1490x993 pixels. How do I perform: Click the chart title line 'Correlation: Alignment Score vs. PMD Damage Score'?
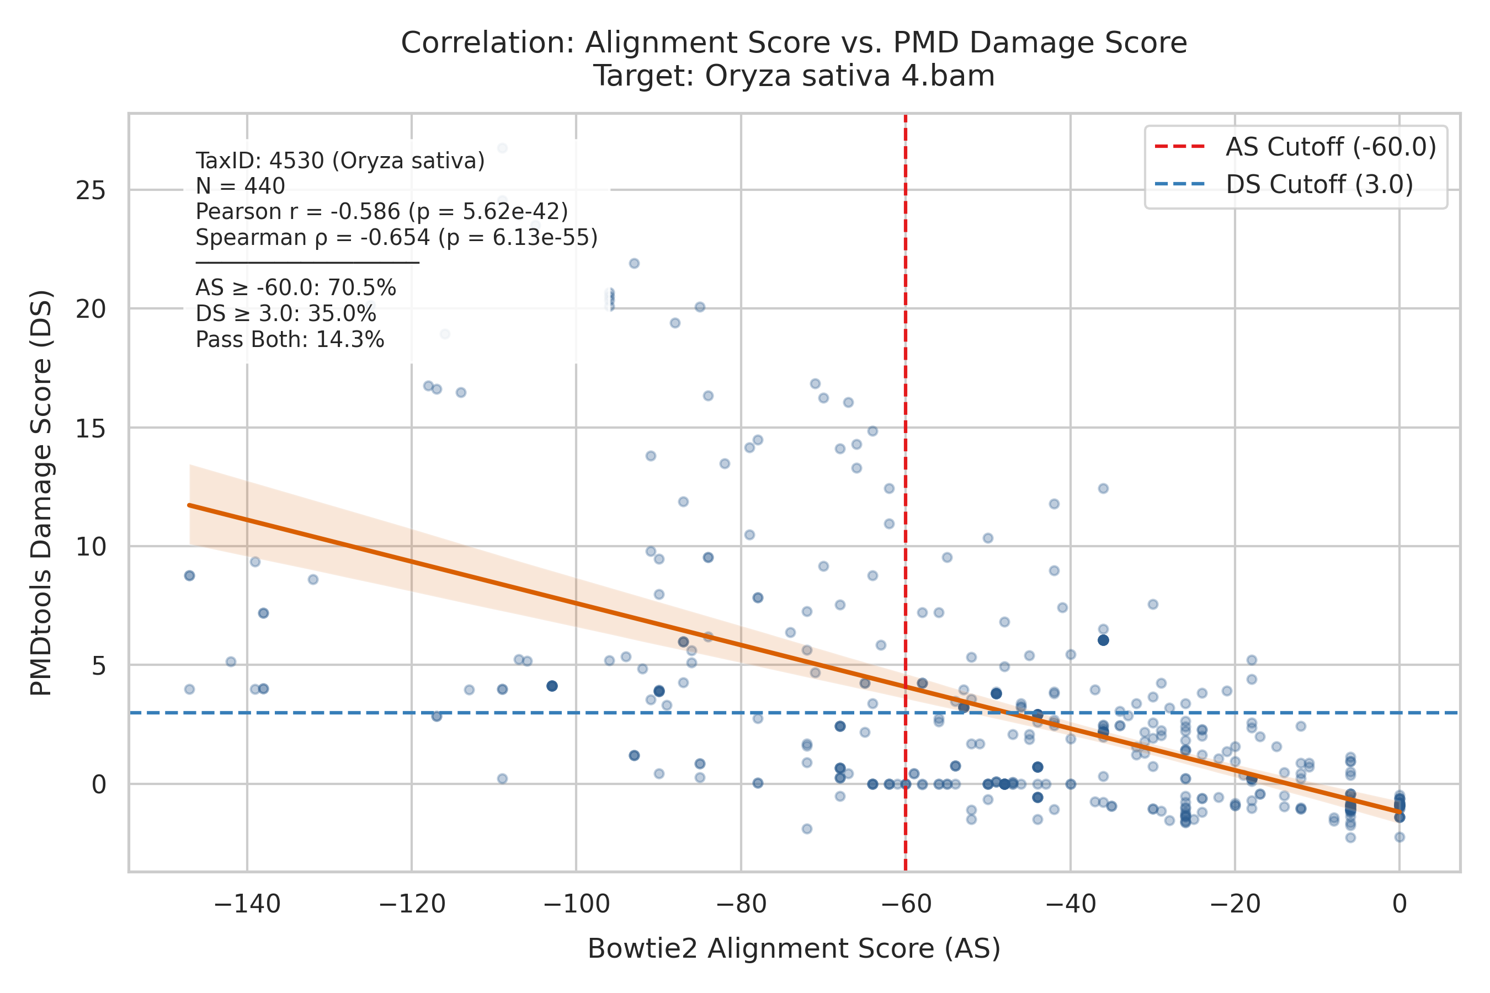[794, 43]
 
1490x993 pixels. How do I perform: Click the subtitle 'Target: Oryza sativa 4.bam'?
[794, 77]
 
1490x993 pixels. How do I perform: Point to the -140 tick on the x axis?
[247, 904]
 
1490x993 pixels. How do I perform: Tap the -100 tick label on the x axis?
[577, 904]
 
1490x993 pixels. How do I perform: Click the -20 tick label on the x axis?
[1234, 904]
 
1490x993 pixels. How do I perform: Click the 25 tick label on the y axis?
[91, 190]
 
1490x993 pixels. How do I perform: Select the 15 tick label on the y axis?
[91, 428]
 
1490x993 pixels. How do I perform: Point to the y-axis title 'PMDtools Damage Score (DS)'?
[41, 493]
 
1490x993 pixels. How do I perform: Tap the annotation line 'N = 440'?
[240, 186]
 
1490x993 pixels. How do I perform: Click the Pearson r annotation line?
[382, 211]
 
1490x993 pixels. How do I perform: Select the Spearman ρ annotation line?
[397, 237]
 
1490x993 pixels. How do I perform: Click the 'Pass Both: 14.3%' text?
[290, 340]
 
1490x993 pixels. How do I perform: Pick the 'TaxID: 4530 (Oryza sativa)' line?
[340, 161]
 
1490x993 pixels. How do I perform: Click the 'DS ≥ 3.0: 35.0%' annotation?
[286, 314]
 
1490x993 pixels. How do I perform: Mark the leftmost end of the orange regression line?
[189, 505]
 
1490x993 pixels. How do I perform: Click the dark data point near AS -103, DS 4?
[552, 686]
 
